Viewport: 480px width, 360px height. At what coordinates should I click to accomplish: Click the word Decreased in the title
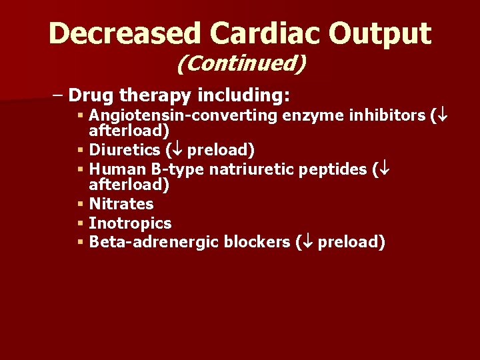(x=124, y=33)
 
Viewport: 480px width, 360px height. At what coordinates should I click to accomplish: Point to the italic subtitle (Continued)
(x=241, y=64)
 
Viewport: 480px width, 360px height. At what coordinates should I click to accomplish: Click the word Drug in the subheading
(x=90, y=95)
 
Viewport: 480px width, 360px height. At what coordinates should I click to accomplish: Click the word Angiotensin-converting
(x=183, y=116)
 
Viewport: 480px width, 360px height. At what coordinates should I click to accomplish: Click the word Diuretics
(x=124, y=150)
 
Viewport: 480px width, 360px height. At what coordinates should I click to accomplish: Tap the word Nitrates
(x=121, y=204)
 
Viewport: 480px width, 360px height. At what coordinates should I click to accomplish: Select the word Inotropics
(x=130, y=223)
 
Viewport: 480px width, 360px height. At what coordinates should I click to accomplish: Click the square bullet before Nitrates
(x=80, y=204)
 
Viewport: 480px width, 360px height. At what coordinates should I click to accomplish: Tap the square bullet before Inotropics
(x=80, y=223)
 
